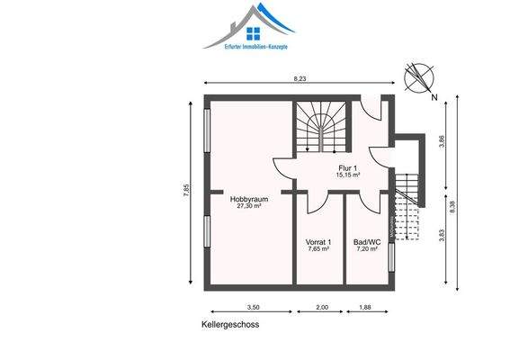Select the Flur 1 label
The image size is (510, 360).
348,167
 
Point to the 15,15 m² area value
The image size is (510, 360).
348,175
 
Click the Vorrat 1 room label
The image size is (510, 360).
319,242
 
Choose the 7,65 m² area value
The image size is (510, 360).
319,249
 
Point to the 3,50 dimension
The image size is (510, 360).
253,308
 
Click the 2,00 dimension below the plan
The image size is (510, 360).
322,308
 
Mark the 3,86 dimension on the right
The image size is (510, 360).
442,141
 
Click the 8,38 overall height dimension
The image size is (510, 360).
464,205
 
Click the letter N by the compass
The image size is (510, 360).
435,96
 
